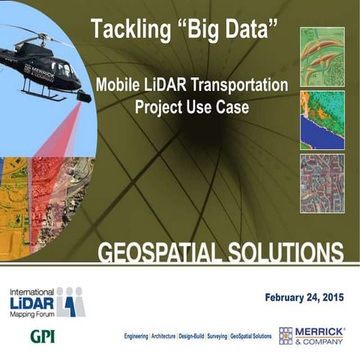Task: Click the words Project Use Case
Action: (191, 106)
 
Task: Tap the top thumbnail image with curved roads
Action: (322, 56)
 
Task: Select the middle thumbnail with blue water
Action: (322, 120)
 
